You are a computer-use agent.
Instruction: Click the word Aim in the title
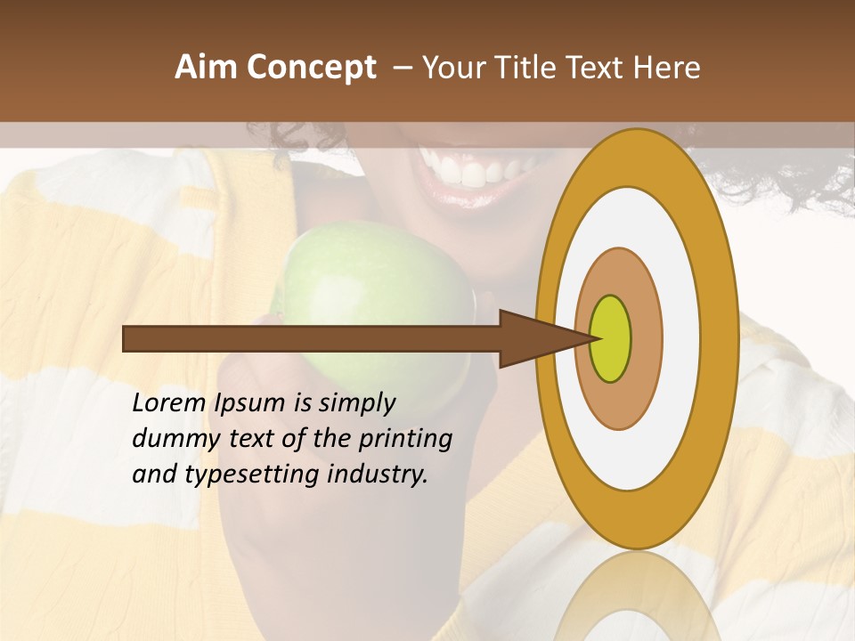point(206,68)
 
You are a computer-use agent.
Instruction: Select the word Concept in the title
point(311,69)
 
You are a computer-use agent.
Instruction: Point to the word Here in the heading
point(668,68)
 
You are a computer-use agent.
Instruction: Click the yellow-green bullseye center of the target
point(610,338)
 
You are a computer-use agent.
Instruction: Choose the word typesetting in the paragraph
point(245,475)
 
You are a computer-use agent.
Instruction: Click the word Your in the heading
point(453,68)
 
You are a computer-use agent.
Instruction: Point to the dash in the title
point(402,68)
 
